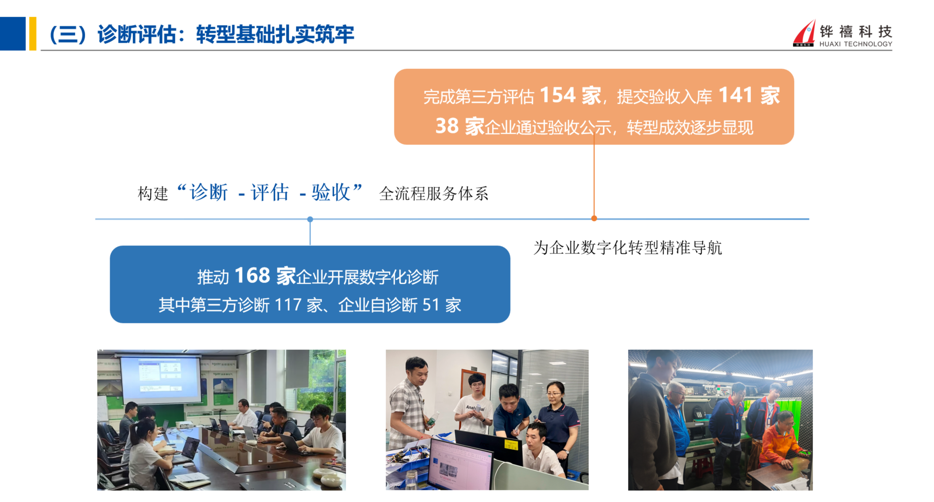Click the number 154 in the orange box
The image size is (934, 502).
pyautogui.click(x=557, y=95)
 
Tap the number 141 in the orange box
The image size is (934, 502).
pyautogui.click(x=735, y=95)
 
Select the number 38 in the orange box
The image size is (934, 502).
pyautogui.click(x=447, y=126)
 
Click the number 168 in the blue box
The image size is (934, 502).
pyautogui.click(x=252, y=275)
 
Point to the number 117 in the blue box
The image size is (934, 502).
pyautogui.click(x=288, y=305)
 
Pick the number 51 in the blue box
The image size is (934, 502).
pyautogui.click(x=431, y=305)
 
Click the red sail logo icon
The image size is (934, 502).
pyautogui.click(x=804, y=33)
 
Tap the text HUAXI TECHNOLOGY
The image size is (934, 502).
pyautogui.click(x=856, y=44)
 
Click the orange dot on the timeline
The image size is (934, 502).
pyautogui.click(x=594, y=218)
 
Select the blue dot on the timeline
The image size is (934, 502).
pyautogui.click(x=310, y=219)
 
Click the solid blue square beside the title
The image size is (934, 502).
pyautogui.click(x=13, y=34)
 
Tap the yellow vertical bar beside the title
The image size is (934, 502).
pyautogui.click(x=33, y=34)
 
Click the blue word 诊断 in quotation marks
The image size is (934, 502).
pyautogui.click(x=209, y=192)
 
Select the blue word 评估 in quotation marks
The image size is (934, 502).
pyautogui.click(x=269, y=192)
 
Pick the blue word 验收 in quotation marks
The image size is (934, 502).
pyautogui.click(x=331, y=192)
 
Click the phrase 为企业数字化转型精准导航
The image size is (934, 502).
pyautogui.click(x=628, y=247)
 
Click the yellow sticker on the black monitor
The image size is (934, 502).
pyautogui.click(x=510, y=445)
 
